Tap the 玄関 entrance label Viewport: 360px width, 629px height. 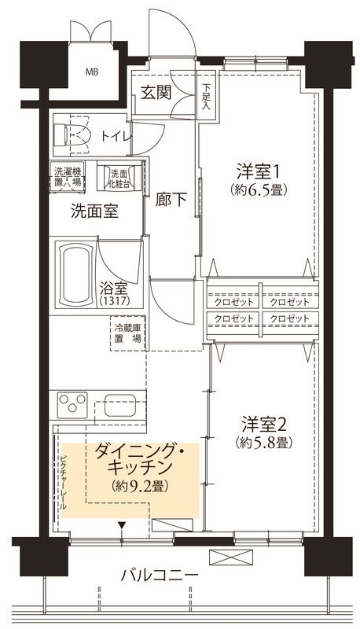tap(156, 92)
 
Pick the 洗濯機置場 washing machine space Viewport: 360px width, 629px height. tap(68, 176)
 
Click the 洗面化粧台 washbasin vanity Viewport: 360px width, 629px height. tap(119, 177)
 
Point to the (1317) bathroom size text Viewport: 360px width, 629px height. tap(116, 302)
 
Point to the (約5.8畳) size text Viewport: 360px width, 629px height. tap(263, 443)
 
